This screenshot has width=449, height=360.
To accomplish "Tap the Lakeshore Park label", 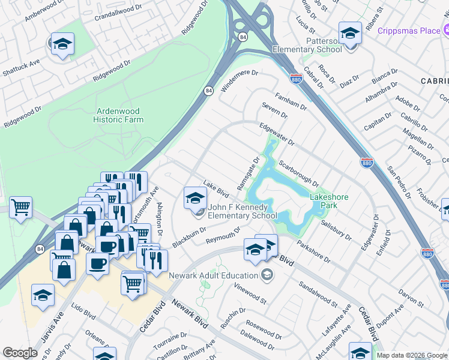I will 328,201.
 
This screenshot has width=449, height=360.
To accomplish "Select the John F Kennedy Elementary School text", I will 242,211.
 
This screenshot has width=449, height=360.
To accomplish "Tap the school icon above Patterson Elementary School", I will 349,33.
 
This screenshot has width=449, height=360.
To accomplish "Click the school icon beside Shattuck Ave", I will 62,44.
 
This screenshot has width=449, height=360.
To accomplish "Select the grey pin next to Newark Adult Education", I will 268,275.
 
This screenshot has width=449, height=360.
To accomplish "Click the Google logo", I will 20,353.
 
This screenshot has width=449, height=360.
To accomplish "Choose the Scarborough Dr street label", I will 298,173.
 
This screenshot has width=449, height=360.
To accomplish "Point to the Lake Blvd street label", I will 217,190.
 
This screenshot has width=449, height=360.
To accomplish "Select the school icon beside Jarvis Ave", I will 43,296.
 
